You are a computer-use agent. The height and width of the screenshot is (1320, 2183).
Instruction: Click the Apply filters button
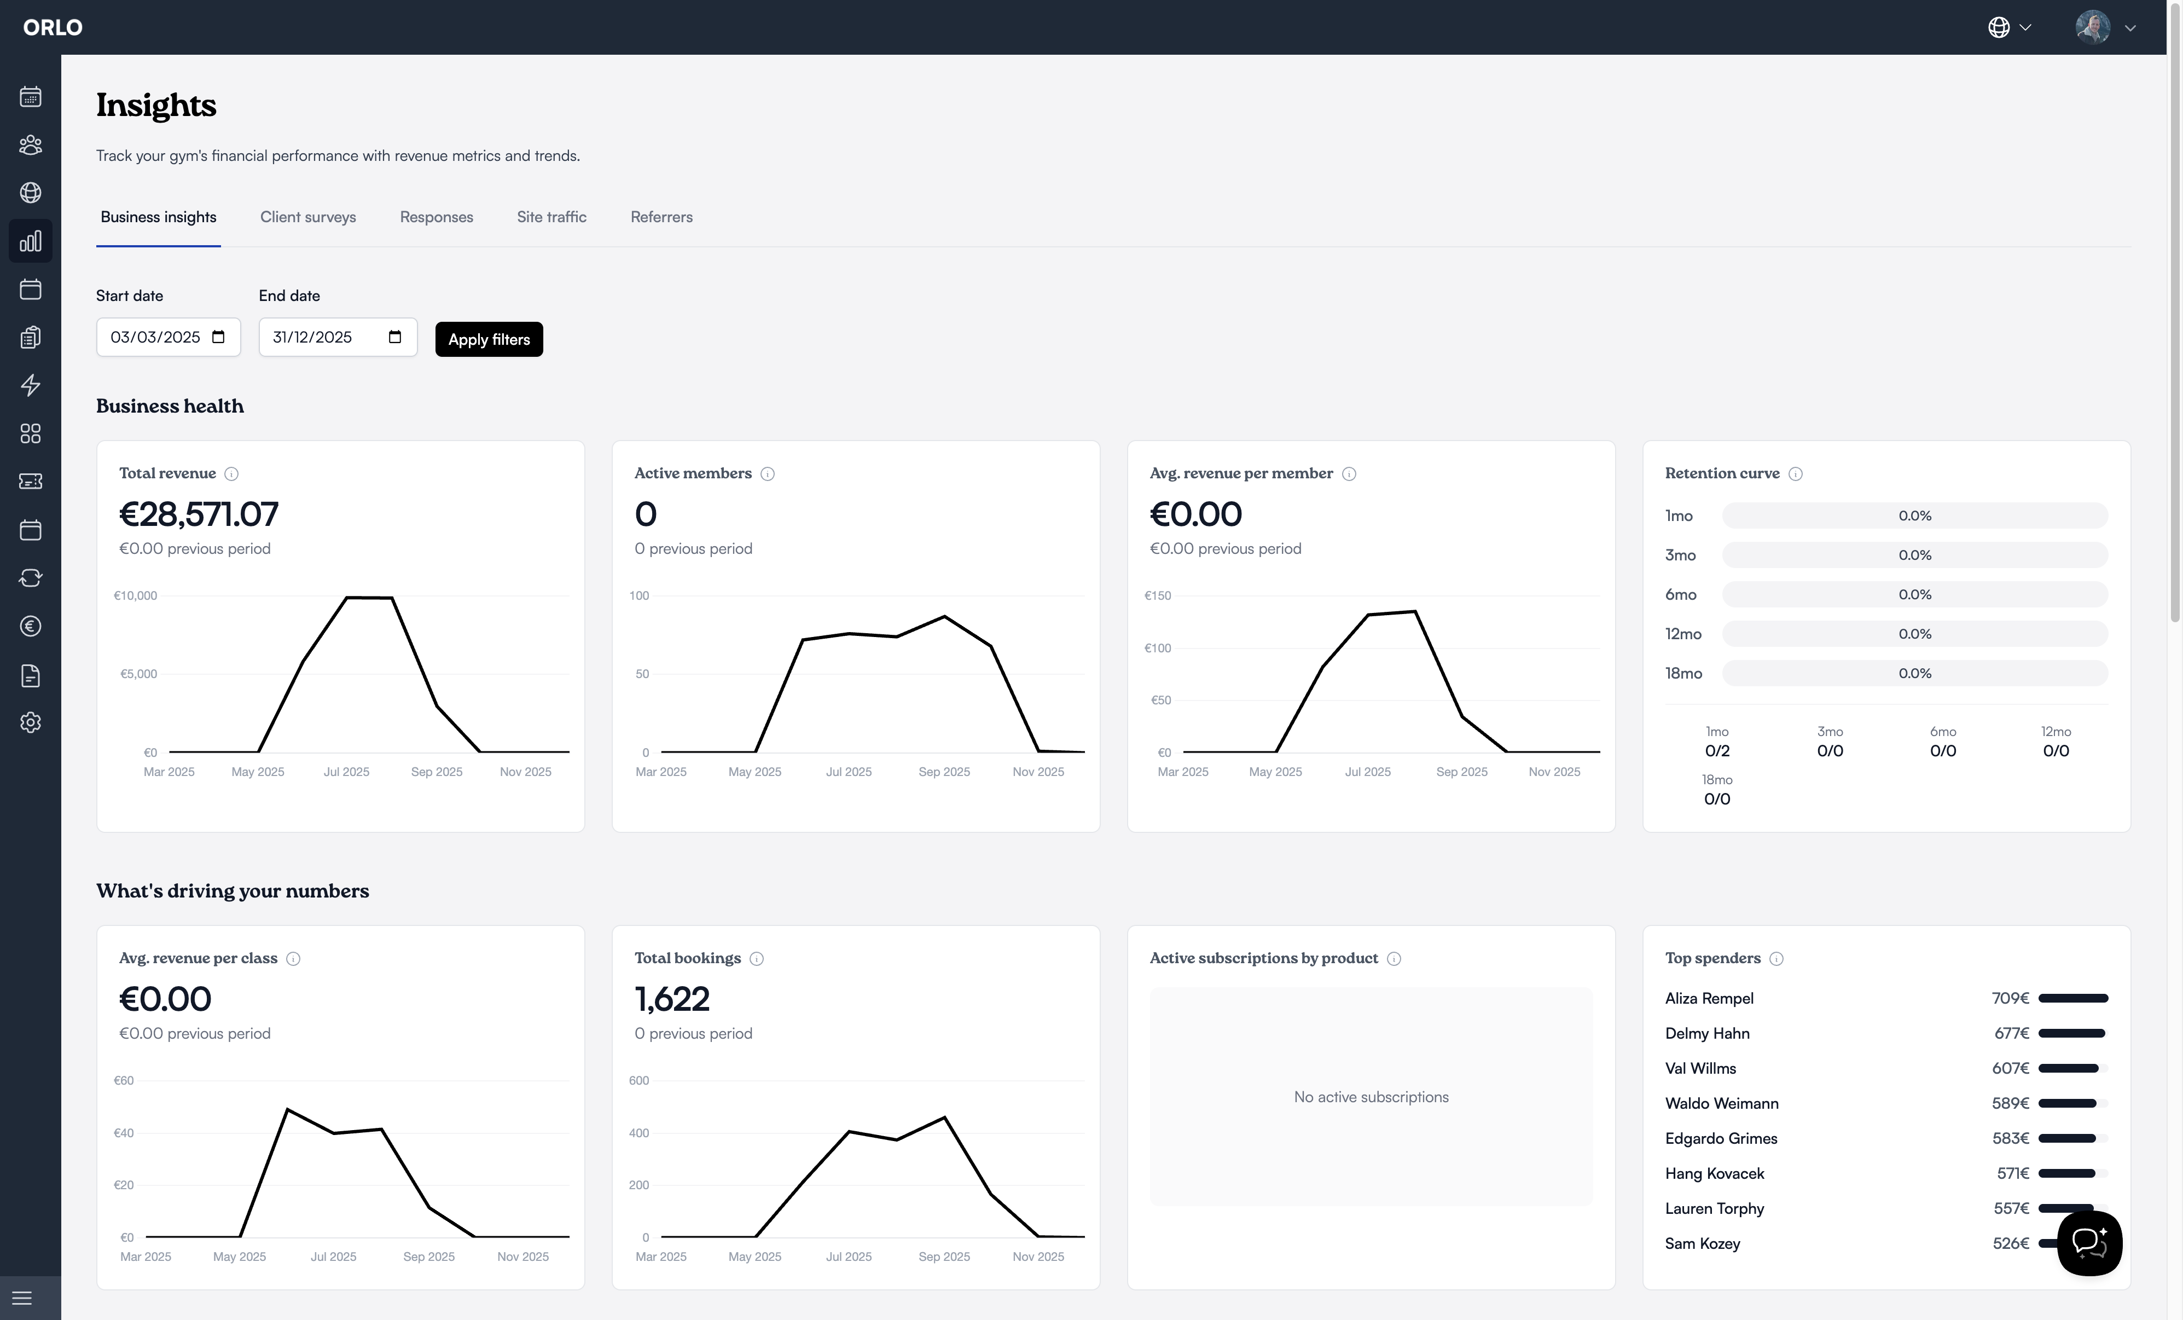coord(488,339)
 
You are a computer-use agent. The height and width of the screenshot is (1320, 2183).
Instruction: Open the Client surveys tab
coord(307,217)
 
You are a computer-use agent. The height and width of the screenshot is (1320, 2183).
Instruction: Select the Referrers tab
coord(661,217)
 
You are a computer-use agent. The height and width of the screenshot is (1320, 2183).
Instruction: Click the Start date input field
coord(156,338)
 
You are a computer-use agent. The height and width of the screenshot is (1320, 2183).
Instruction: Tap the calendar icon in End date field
coord(395,337)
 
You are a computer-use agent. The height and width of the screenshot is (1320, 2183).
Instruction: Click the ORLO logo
coord(53,27)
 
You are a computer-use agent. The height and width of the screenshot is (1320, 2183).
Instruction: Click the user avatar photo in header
coord(2093,27)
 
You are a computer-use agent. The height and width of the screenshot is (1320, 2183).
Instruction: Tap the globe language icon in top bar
coord(1999,27)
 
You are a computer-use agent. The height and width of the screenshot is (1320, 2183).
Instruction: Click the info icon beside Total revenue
coord(231,474)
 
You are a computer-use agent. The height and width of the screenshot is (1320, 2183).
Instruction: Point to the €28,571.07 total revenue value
coord(199,514)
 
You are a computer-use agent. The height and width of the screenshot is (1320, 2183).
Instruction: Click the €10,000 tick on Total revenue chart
coord(136,595)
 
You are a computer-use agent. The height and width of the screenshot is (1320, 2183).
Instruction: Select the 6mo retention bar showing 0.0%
coord(1914,594)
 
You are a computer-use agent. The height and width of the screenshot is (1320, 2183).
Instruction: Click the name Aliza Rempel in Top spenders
coord(1709,998)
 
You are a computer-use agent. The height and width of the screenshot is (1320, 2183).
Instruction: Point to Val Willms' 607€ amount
coord(2010,1068)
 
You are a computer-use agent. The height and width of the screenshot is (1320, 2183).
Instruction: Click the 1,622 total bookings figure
coord(671,999)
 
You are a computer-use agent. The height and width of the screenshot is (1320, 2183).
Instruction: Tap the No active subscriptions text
coord(1371,1097)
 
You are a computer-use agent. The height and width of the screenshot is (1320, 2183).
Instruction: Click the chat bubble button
coord(2088,1243)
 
